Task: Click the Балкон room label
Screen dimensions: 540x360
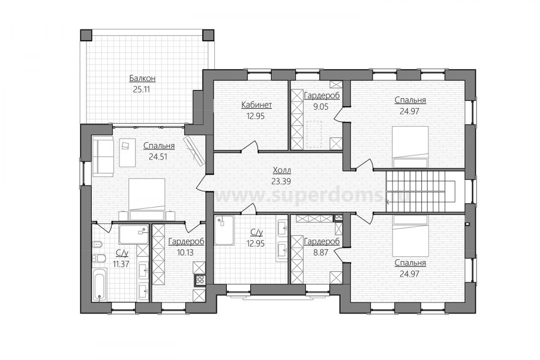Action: coord(142,79)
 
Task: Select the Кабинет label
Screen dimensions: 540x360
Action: coord(257,105)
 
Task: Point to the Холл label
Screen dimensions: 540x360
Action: coord(282,170)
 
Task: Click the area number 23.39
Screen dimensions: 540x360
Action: coord(282,181)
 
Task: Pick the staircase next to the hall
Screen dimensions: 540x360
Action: coord(420,192)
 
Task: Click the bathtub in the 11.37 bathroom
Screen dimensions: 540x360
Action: coord(100,284)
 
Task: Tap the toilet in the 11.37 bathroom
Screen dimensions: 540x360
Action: coord(98,257)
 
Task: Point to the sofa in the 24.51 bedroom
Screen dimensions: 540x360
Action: coord(103,156)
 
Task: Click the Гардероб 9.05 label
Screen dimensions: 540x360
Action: coord(322,101)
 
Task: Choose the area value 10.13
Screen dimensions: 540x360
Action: coord(185,253)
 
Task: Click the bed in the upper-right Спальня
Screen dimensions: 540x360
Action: coord(410,147)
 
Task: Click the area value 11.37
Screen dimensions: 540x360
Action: coord(122,263)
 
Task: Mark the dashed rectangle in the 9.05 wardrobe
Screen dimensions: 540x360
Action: coord(314,134)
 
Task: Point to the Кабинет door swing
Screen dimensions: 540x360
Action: coord(250,146)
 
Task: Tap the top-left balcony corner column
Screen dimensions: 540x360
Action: coord(86,35)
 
